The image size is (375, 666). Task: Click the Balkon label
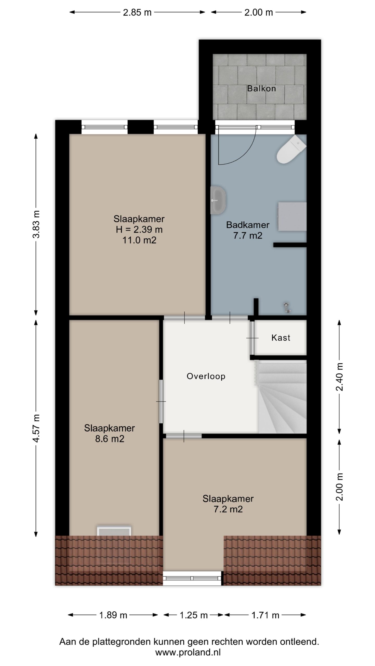(x=261, y=88)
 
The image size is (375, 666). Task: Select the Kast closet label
(x=281, y=338)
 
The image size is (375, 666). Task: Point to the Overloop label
(x=206, y=376)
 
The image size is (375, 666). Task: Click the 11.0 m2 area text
(x=139, y=240)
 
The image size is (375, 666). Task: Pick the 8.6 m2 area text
(x=109, y=439)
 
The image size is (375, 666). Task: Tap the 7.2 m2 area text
(x=228, y=509)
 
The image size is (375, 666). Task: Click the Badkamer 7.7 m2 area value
(x=248, y=235)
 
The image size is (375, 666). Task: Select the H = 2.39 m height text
(x=139, y=229)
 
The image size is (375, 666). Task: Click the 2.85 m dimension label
(x=137, y=12)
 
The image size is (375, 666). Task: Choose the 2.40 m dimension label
(x=340, y=377)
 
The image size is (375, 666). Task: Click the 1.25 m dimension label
(x=194, y=615)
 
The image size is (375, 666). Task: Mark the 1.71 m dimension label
(x=265, y=615)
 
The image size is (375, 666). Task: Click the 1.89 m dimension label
(x=113, y=615)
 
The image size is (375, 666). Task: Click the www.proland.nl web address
(x=188, y=650)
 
